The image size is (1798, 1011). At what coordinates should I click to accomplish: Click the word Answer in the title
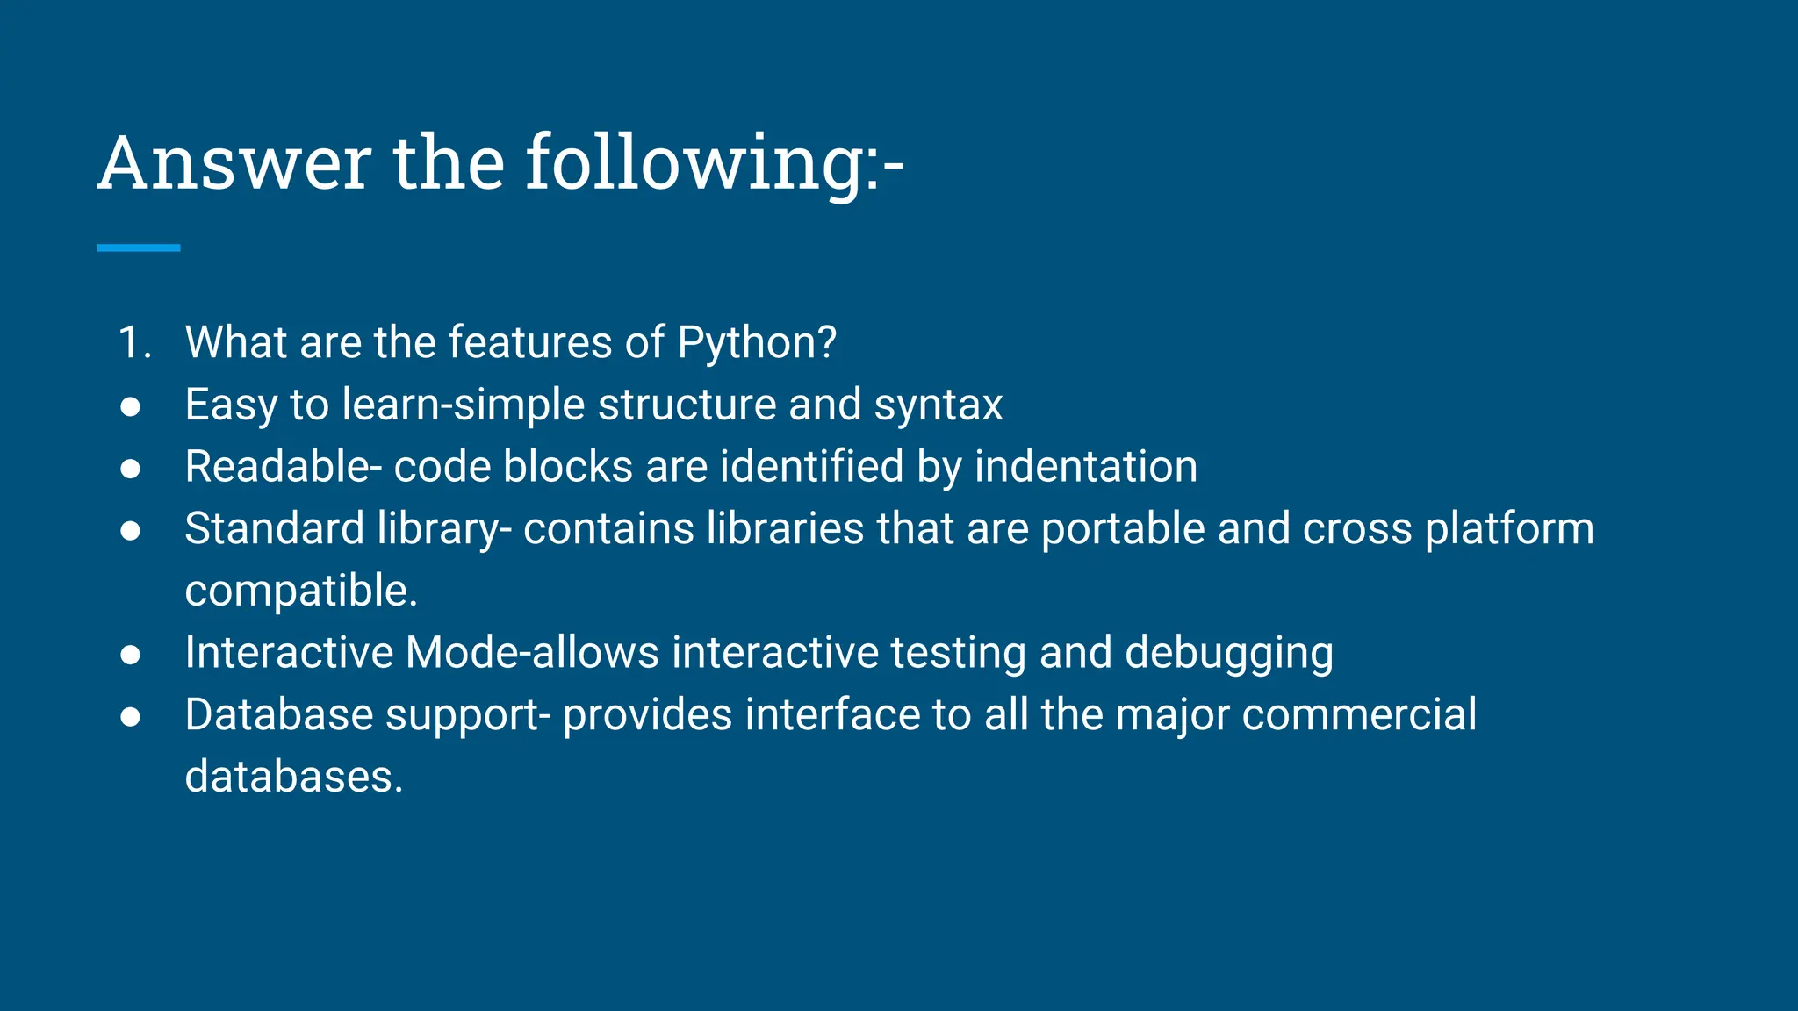234,163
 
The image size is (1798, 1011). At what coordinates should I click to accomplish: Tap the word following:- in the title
714,163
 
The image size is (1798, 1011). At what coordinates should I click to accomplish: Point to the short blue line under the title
138,248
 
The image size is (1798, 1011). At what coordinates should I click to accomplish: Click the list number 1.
133,342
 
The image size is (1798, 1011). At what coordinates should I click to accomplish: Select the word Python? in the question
757,342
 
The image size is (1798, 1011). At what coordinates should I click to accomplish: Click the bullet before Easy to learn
131,406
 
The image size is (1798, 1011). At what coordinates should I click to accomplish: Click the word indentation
1085,466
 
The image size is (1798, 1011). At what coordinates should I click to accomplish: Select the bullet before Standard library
131,530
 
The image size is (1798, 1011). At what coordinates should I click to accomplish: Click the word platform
1509,529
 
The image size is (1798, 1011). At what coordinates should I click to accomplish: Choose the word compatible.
301,591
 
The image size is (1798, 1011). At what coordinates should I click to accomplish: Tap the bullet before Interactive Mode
131,655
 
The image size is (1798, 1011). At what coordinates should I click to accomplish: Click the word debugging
1229,654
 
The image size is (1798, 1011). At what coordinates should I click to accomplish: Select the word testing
958,654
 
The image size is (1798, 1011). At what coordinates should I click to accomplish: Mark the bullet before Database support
131,717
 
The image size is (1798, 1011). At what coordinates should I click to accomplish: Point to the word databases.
293,777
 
